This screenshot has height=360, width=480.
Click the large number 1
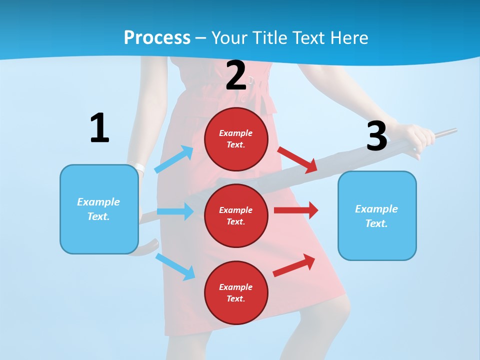[99, 128]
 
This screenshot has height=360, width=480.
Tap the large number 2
[236, 76]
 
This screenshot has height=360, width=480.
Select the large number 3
[376, 136]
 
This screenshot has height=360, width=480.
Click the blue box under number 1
[99, 209]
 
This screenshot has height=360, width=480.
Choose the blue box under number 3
[377, 215]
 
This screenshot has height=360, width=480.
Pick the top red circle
[236, 139]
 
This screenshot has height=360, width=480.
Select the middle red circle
[236, 215]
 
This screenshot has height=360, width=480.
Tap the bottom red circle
[236, 292]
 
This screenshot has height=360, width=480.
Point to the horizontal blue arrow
[175, 211]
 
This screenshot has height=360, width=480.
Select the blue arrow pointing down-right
[175, 266]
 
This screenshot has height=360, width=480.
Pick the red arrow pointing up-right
[294, 265]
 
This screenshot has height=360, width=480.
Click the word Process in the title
[157, 37]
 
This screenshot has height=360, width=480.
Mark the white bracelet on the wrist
[139, 168]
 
